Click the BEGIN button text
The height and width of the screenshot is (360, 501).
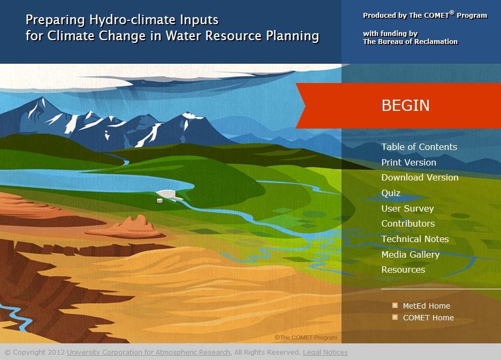pos(405,106)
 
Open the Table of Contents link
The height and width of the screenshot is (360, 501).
pos(419,147)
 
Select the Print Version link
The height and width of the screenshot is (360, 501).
pos(408,162)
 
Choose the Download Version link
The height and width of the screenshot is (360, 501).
pos(420,177)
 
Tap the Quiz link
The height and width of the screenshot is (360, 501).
pos(391,193)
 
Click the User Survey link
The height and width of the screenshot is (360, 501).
pos(407,208)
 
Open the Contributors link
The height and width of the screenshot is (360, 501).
pos(408,223)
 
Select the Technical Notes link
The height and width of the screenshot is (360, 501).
pos(415,239)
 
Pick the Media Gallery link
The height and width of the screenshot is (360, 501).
pos(410,254)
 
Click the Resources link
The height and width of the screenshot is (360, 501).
pos(403,269)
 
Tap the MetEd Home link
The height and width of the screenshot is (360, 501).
pos(426,306)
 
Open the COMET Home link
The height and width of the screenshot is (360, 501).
pos(428,318)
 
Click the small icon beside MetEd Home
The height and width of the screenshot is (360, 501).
pos(395,305)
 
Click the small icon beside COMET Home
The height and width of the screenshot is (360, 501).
pos(395,317)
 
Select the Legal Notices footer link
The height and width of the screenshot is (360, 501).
pos(325,352)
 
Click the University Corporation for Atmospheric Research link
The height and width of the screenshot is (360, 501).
pos(149,352)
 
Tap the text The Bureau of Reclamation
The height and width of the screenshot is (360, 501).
pos(410,42)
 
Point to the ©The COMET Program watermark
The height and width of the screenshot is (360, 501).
pos(306,337)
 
